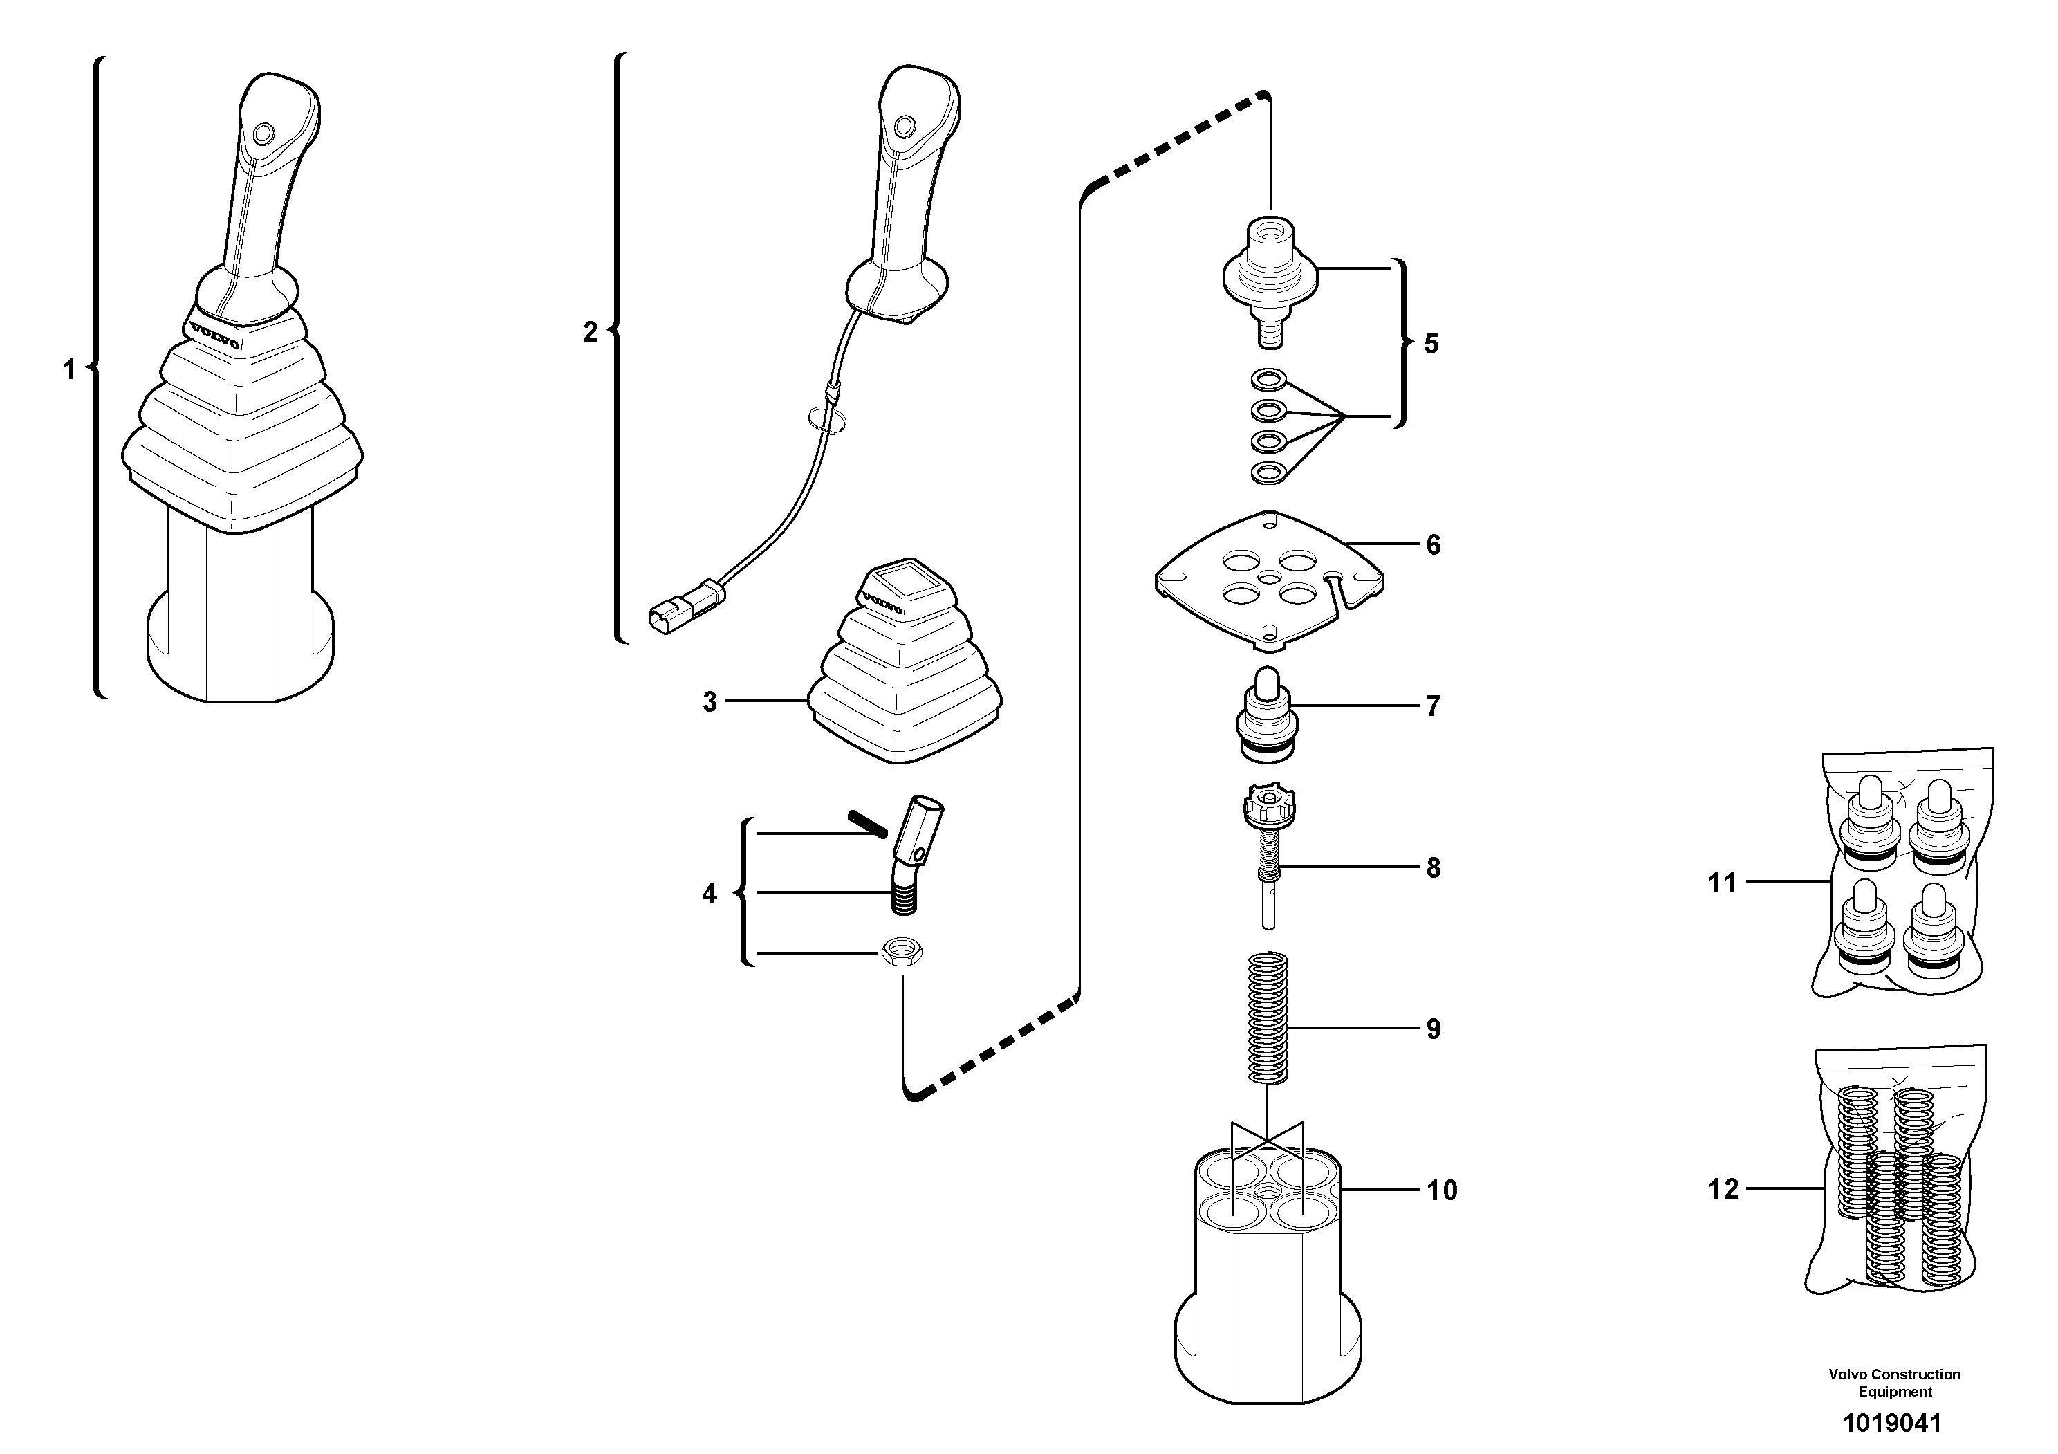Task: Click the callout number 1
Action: [69, 369]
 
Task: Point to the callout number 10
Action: [1441, 1190]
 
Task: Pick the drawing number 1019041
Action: [1891, 1423]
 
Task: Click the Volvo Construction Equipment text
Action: [1894, 1382]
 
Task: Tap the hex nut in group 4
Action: [902, 952]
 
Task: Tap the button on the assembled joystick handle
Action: [263, 134]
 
